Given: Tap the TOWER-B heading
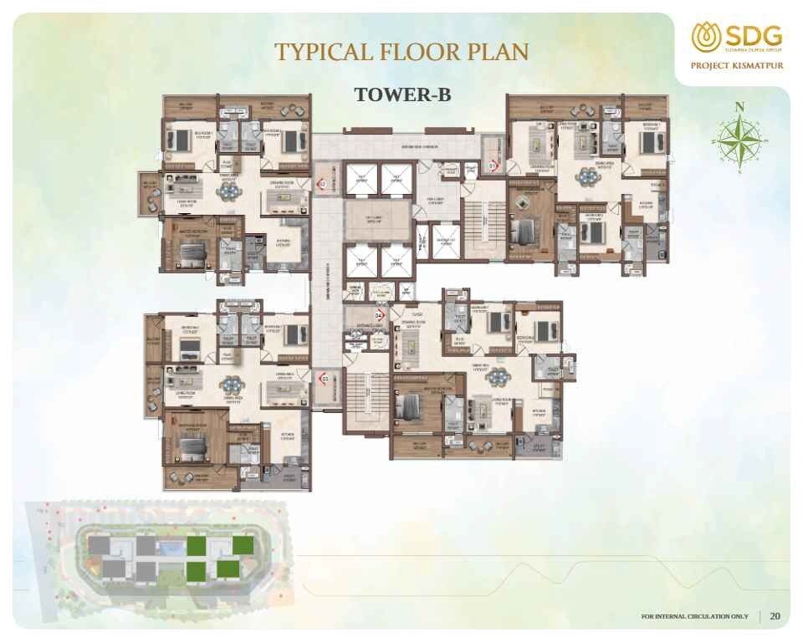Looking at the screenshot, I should point(402,94).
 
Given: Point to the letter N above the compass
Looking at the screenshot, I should point(739,106).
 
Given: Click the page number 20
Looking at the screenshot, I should point(775,616).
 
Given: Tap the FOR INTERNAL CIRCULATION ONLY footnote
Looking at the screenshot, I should point(694,617).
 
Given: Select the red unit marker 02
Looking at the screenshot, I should point(321,183).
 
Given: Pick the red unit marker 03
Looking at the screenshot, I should point(324,379).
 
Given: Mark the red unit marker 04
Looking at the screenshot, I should point(378,315).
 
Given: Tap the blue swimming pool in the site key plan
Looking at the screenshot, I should point(171,548).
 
